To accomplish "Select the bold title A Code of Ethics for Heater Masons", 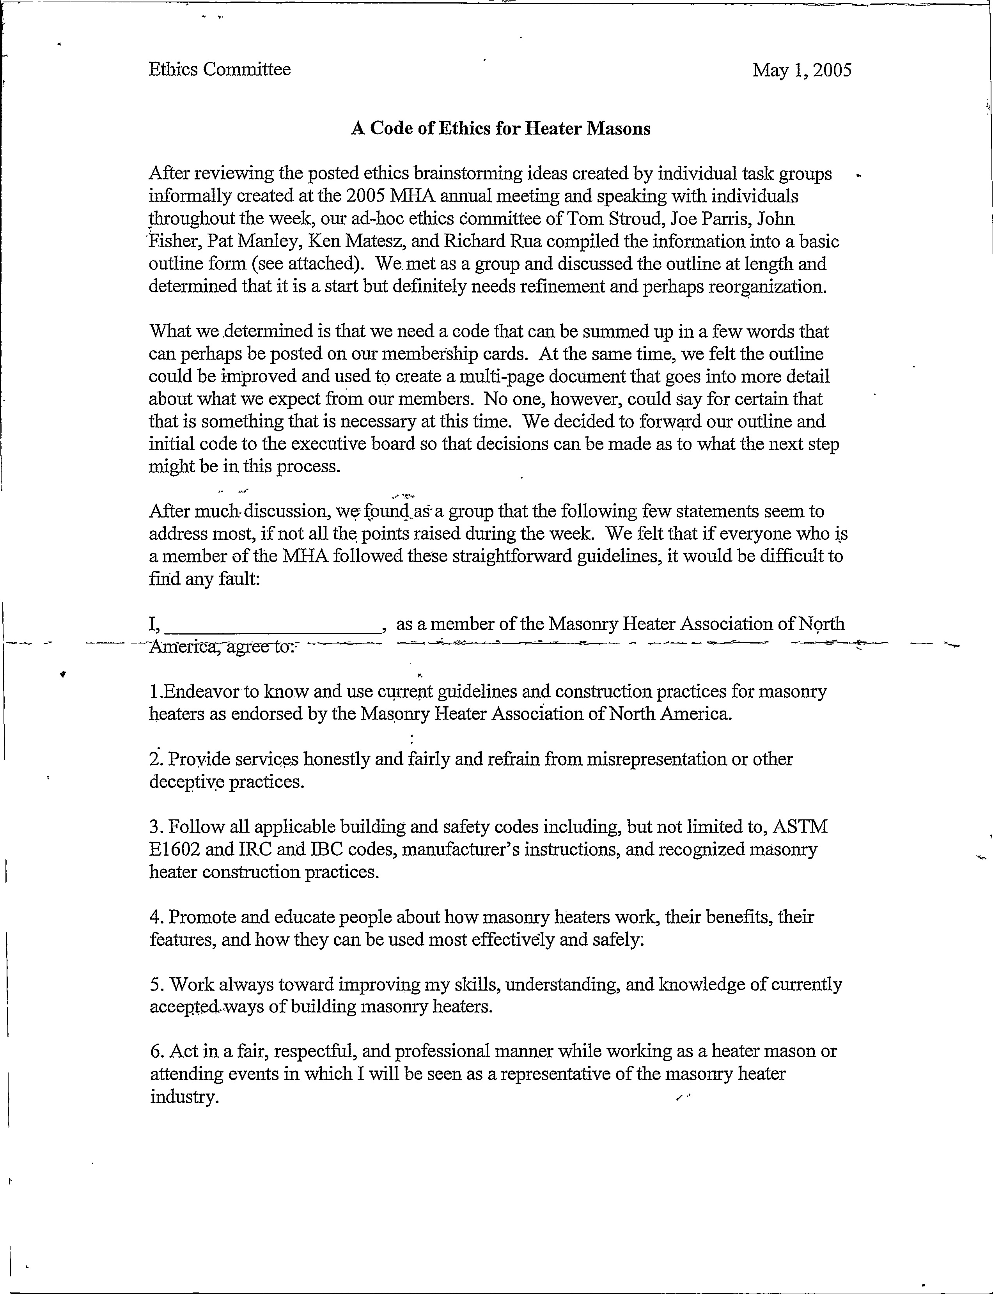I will pyautogui.click(x=501, y=128).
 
